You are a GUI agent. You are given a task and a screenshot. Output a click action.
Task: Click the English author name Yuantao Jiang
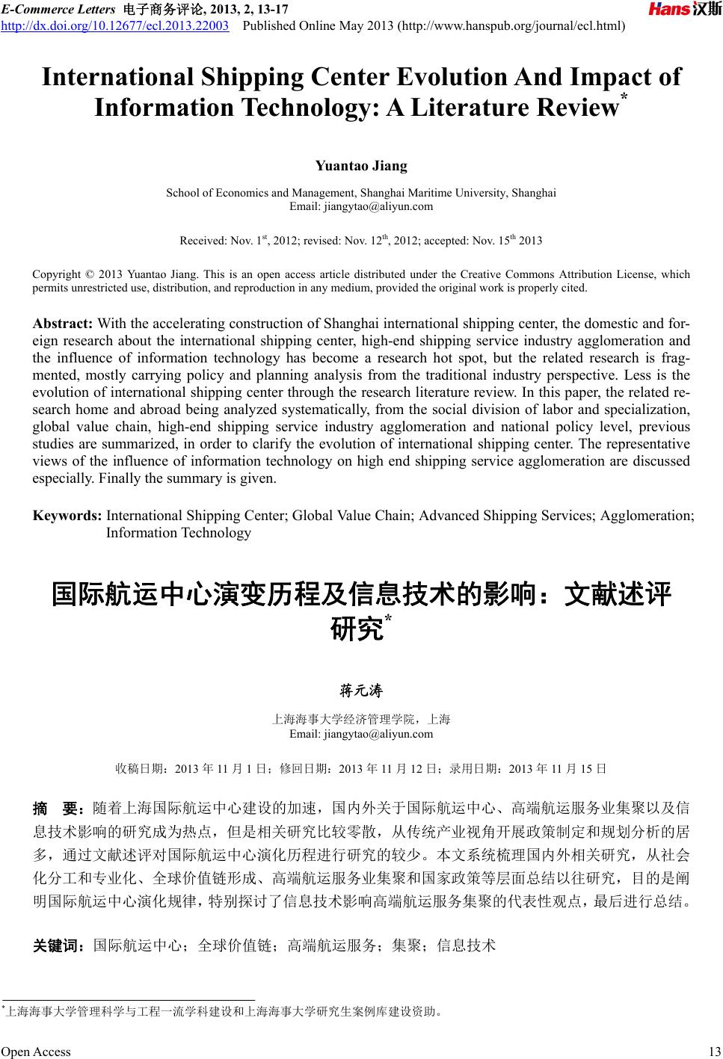click(361, 165)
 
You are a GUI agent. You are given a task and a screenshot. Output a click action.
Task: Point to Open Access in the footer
click(36, 1052)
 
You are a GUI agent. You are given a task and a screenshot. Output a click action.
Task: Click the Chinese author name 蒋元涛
click(361, 691)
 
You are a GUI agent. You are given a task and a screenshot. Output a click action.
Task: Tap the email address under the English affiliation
click(361, 206)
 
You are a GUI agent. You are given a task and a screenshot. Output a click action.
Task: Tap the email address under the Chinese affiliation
click(361, 733)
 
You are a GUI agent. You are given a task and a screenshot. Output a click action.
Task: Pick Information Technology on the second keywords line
click(179, 533)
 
